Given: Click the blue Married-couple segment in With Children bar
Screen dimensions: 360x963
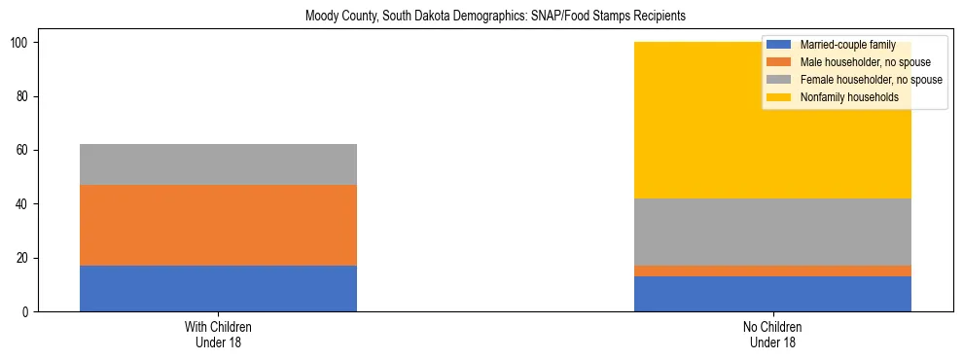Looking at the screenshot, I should click(x=218, y=288).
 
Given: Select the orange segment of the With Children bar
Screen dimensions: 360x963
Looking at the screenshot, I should click(x=218, y=225).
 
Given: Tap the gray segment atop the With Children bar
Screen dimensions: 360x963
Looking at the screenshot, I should click(x=218, y=164).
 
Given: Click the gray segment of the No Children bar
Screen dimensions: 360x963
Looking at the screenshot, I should click(x=772, y=232).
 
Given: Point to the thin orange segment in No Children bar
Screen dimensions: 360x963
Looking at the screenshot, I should click(x=772, y=270).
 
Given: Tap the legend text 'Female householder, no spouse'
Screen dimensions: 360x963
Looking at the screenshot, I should click(x=870, y=80).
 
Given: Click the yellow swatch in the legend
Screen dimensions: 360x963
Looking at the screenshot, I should click(x=779, y=97).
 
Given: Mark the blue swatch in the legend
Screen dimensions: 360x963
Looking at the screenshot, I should click(x=779, y=45).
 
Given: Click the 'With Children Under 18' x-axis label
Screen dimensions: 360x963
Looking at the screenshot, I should click(x=218, y=334).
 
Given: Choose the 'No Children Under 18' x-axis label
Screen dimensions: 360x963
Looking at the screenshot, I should click(x=772, y=334).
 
